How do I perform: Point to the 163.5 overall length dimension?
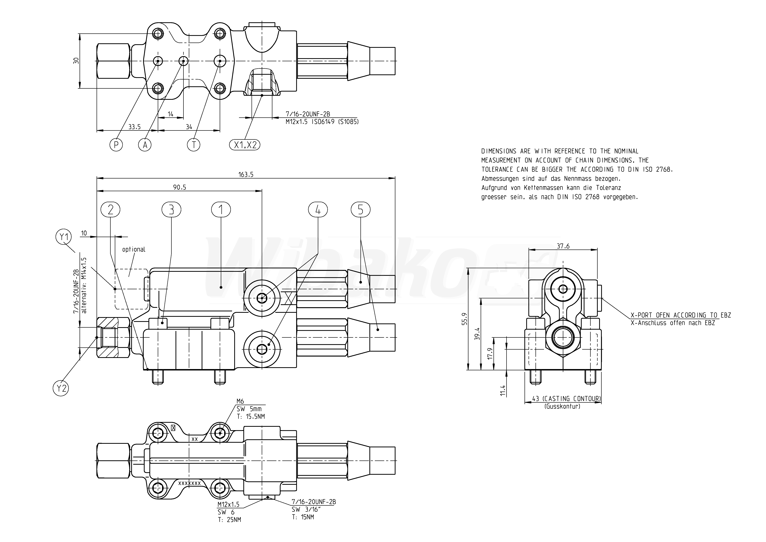[x=246, y=174]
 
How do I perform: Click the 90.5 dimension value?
[x=180, y=187]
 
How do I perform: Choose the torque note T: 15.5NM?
[x=251, y=416]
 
